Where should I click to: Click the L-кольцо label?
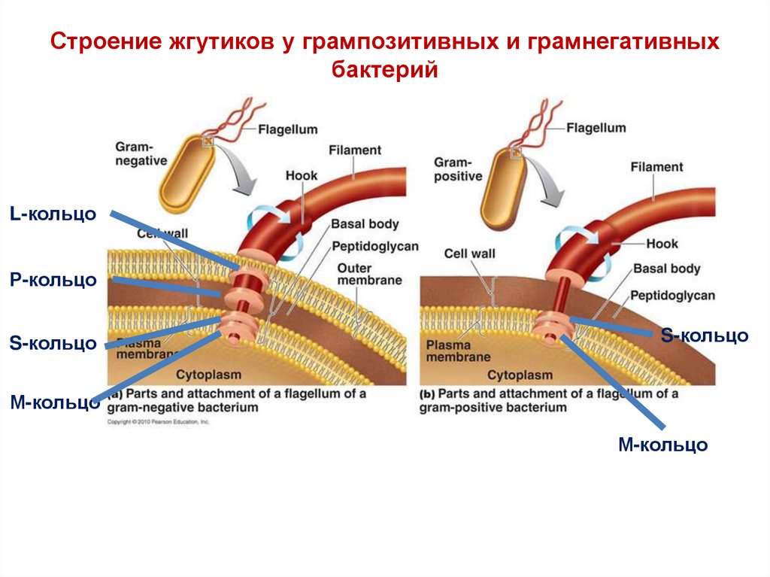(x=53, y=214)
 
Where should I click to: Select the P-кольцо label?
(x=53, y=280)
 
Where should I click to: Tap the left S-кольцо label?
(x=53, y=344)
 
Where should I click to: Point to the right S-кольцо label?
(x=704, y=335)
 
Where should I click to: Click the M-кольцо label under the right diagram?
(x=662, y=444)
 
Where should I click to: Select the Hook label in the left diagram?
(x=302, y=176)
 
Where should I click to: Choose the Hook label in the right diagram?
(x=662, y=244)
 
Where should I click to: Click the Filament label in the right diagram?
(x=656, y=167)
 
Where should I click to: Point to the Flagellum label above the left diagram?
(x=288, y=129)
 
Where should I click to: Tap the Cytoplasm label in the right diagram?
(x=520, y=375)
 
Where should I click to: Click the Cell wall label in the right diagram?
(x=469, y=254)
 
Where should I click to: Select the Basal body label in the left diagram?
(x=365, y=223)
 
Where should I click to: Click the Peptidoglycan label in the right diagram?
(x=672, y=295)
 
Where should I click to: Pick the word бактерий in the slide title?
(x=384, y=70)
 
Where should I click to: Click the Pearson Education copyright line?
(x=158, y=423)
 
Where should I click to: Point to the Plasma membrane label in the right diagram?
(x=458, y=351)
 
